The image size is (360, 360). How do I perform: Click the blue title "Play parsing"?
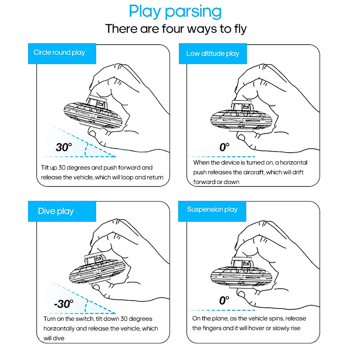(x=175, y=12)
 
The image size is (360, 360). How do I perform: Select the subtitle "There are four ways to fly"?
(x=176, y=29)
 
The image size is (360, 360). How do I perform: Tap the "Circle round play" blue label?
(x=59, y=52)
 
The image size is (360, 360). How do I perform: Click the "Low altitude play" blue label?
(x=213, y=54)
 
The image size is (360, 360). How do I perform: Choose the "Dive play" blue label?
(x=56, y=211)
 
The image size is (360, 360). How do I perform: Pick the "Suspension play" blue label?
(x=212, y=209)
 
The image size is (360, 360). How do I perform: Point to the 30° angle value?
(x=64, y=147)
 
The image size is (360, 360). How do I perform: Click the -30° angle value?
(x=64, y=304)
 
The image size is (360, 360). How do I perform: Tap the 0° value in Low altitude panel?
(x=224, y=147)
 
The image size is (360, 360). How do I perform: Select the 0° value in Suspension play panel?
(x=224, y=300)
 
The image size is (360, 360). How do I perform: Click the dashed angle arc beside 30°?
(x=86, y=149)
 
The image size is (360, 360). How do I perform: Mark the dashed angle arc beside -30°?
(x=86, y=306)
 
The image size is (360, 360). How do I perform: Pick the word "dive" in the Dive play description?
(x=58, y=338)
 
